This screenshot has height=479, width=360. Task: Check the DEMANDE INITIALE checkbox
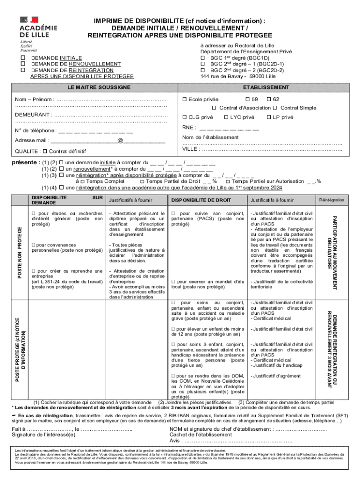point(22,58)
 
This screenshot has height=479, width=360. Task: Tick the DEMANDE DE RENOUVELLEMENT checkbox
point(22,64)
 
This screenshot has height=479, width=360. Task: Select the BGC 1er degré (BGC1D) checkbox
point(202,58)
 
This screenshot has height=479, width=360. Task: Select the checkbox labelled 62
point(269,99)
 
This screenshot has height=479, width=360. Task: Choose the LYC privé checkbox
point(226,117)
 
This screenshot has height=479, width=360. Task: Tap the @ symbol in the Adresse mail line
point(120,140)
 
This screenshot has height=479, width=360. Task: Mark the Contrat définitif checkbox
point(44,152)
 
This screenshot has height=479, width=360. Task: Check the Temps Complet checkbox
point(82,181)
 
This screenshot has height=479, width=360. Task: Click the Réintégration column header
point(331,200)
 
